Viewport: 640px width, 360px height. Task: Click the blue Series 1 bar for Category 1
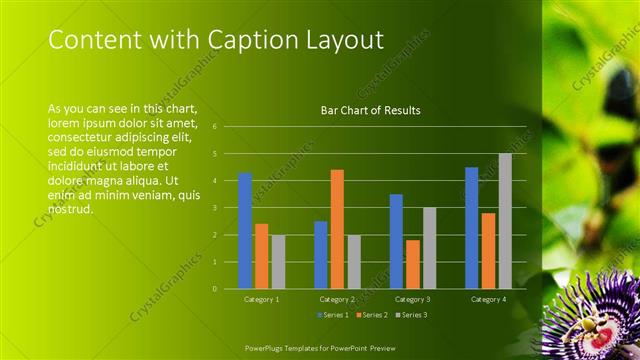[245, 231]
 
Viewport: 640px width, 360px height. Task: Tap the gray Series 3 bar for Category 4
[505, 221]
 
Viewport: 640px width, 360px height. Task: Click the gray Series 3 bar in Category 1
[278, 262]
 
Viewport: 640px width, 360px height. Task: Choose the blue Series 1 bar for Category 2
[321, 255]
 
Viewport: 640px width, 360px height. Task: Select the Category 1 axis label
[262, 299]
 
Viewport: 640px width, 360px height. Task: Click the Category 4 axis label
[488, 299]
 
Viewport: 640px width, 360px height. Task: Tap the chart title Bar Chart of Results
[370, 110]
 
